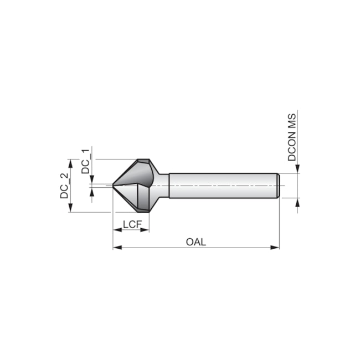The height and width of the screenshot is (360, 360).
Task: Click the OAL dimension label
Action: [196, 241]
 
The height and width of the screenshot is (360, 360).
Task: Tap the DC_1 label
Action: [85, 161]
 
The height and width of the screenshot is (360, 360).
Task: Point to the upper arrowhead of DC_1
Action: [92, 179]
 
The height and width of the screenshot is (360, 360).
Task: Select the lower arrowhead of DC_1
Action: [92, 192]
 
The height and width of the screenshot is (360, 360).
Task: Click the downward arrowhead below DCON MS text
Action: [297, 168]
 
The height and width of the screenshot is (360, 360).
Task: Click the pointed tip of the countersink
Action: [114, 186]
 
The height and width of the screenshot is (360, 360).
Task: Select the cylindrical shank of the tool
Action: [222, 186]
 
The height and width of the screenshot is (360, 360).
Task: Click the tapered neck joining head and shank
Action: [163, 186]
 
